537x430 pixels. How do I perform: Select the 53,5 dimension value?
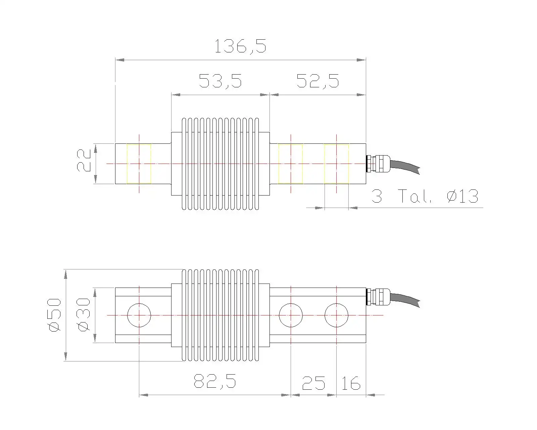click(220, 81)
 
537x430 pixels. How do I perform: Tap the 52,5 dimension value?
click(318, 81)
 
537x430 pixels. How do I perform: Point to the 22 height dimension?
click(84, 161)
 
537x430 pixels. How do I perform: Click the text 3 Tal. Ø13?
click(425, 196)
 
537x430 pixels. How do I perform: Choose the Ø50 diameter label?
click(55, 315)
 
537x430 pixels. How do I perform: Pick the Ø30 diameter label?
click(84, 315)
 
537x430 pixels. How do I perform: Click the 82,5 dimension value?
click(215, 381)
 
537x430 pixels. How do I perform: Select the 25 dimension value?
click(313, 383)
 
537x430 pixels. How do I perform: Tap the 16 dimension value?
click(350, 383)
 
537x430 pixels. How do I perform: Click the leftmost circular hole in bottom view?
click(139, 315)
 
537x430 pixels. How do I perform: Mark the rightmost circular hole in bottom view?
click(336, 315)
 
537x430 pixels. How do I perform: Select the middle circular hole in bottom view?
click(291, 315)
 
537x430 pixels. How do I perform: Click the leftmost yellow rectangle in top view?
click(139, 164)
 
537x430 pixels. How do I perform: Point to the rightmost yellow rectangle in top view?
click(336, 164)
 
